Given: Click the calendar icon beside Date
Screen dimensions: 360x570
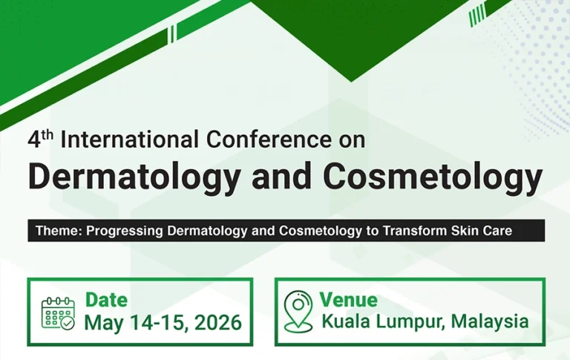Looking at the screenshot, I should coord(58,312).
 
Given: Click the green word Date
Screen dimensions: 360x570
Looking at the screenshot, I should coord(106,300).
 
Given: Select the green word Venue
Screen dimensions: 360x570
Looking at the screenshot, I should coord(348,300).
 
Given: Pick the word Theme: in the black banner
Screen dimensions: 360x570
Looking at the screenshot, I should coord(59,230).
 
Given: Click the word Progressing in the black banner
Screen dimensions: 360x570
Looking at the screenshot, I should coord(122,230).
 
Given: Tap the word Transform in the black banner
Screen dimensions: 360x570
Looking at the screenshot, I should coord(412,230).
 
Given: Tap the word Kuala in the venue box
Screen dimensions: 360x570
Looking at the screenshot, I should coord(344,321).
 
